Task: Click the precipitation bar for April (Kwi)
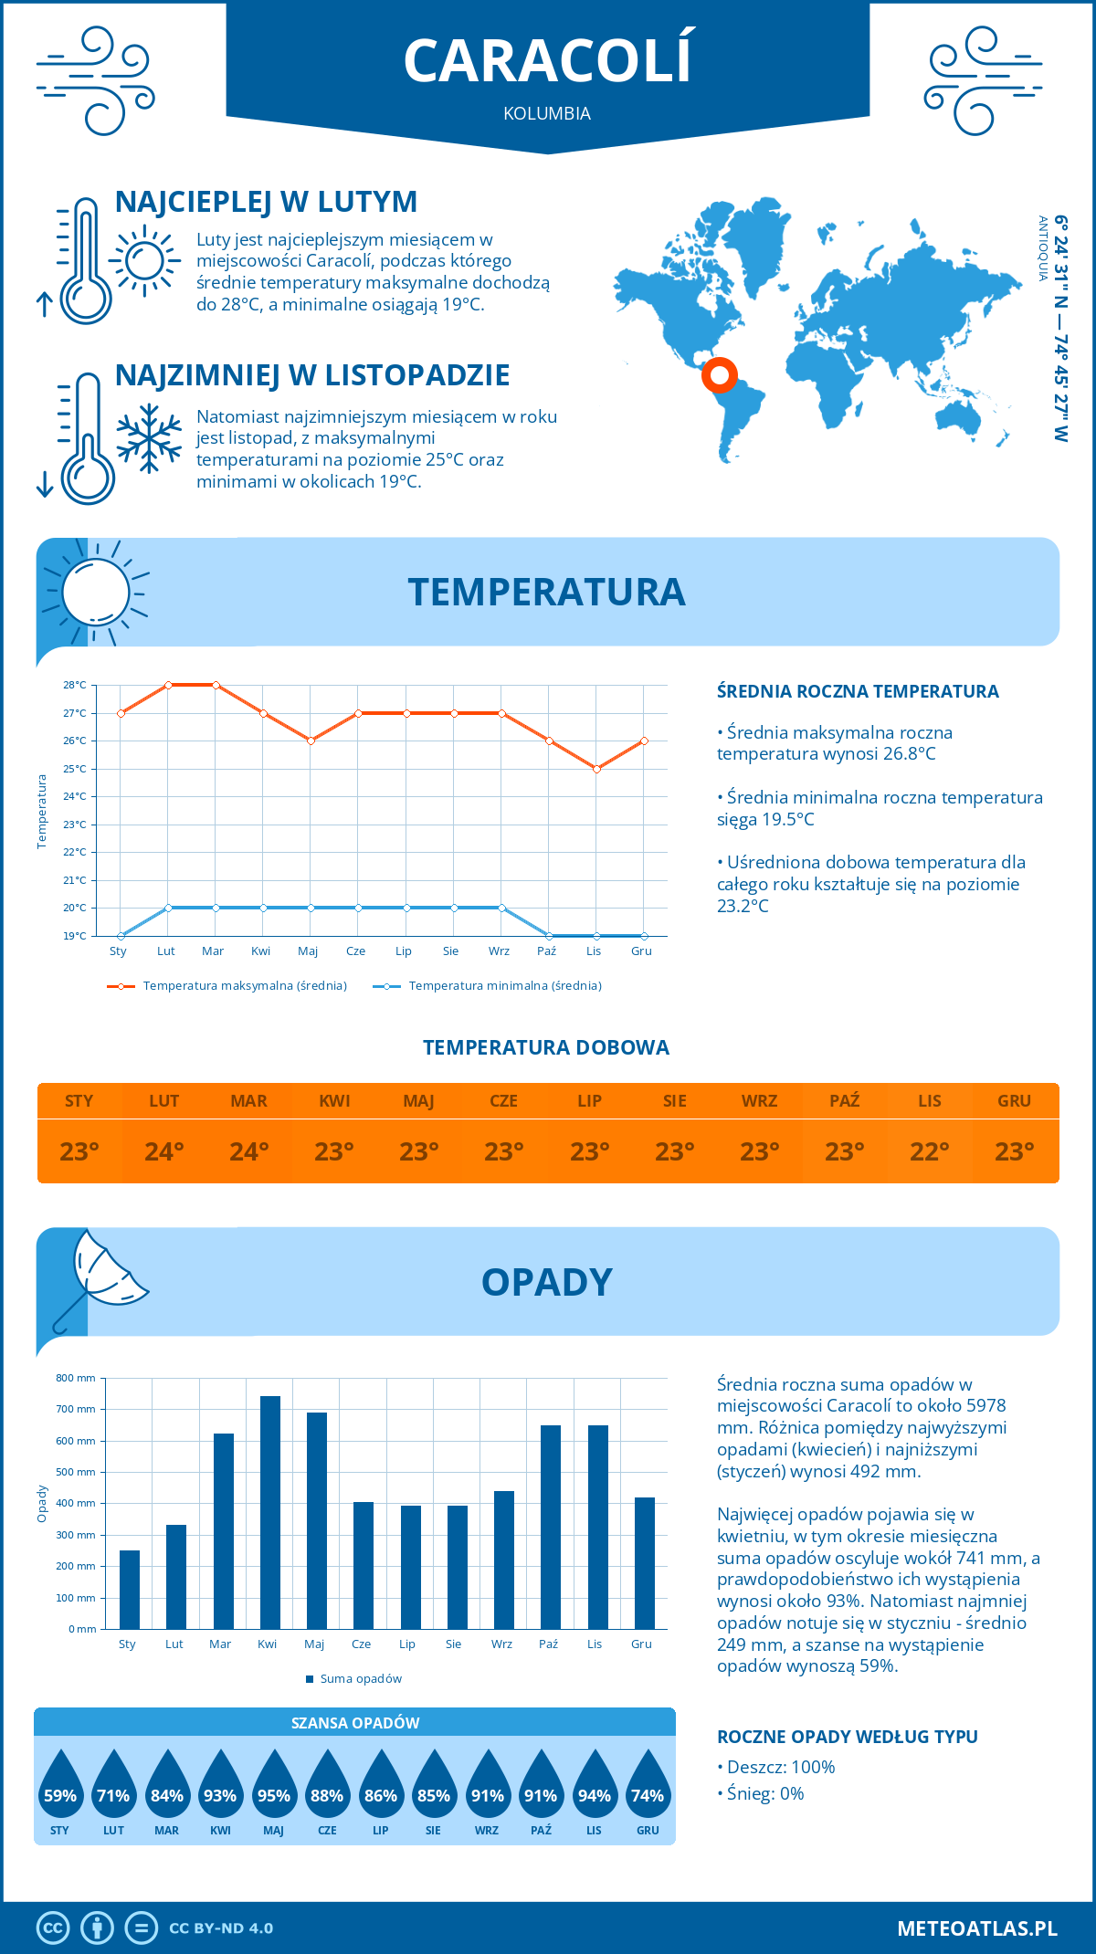point(270,1512)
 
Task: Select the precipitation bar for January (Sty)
point(130,1589)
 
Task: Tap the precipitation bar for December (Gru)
point(645,1562)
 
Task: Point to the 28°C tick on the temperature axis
point(75,685)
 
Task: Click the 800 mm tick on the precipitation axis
point(76,1378)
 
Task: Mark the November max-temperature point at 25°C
point(596,769)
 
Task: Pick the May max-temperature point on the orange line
point(311,741)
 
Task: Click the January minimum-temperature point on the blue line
point(121,936)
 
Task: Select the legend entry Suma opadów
point(360,1678)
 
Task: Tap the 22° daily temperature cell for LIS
point(930,1151)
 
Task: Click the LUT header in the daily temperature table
point(164,1101)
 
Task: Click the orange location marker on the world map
point(720,374)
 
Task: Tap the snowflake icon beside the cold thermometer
point(149,438)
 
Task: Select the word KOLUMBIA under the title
point(547,113)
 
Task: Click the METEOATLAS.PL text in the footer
point(977,1928)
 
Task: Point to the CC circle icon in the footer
point(53,1928)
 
